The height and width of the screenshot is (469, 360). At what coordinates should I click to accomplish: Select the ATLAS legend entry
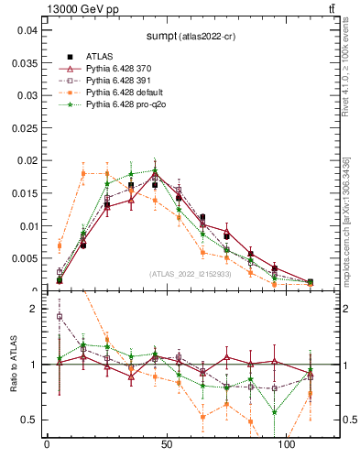[100, 56]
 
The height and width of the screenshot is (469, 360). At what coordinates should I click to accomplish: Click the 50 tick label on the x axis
[166, 444]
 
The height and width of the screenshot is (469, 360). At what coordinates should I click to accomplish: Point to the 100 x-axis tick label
[286, 444]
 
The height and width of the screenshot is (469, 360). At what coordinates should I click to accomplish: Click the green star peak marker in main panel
[155, 169]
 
